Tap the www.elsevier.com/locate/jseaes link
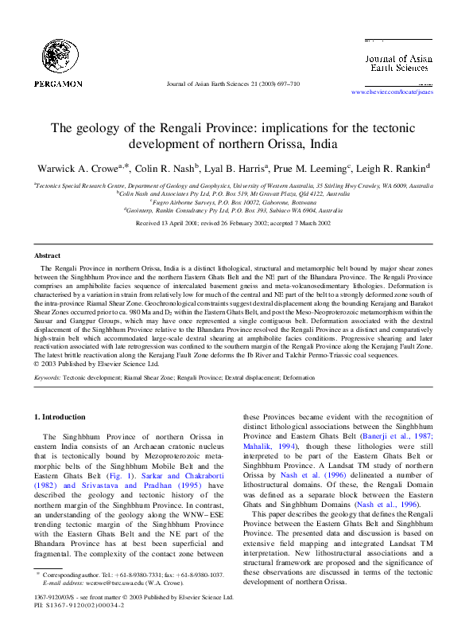[392, 92]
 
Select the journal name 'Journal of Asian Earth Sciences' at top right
[397, 63]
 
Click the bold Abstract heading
[47, 256]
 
